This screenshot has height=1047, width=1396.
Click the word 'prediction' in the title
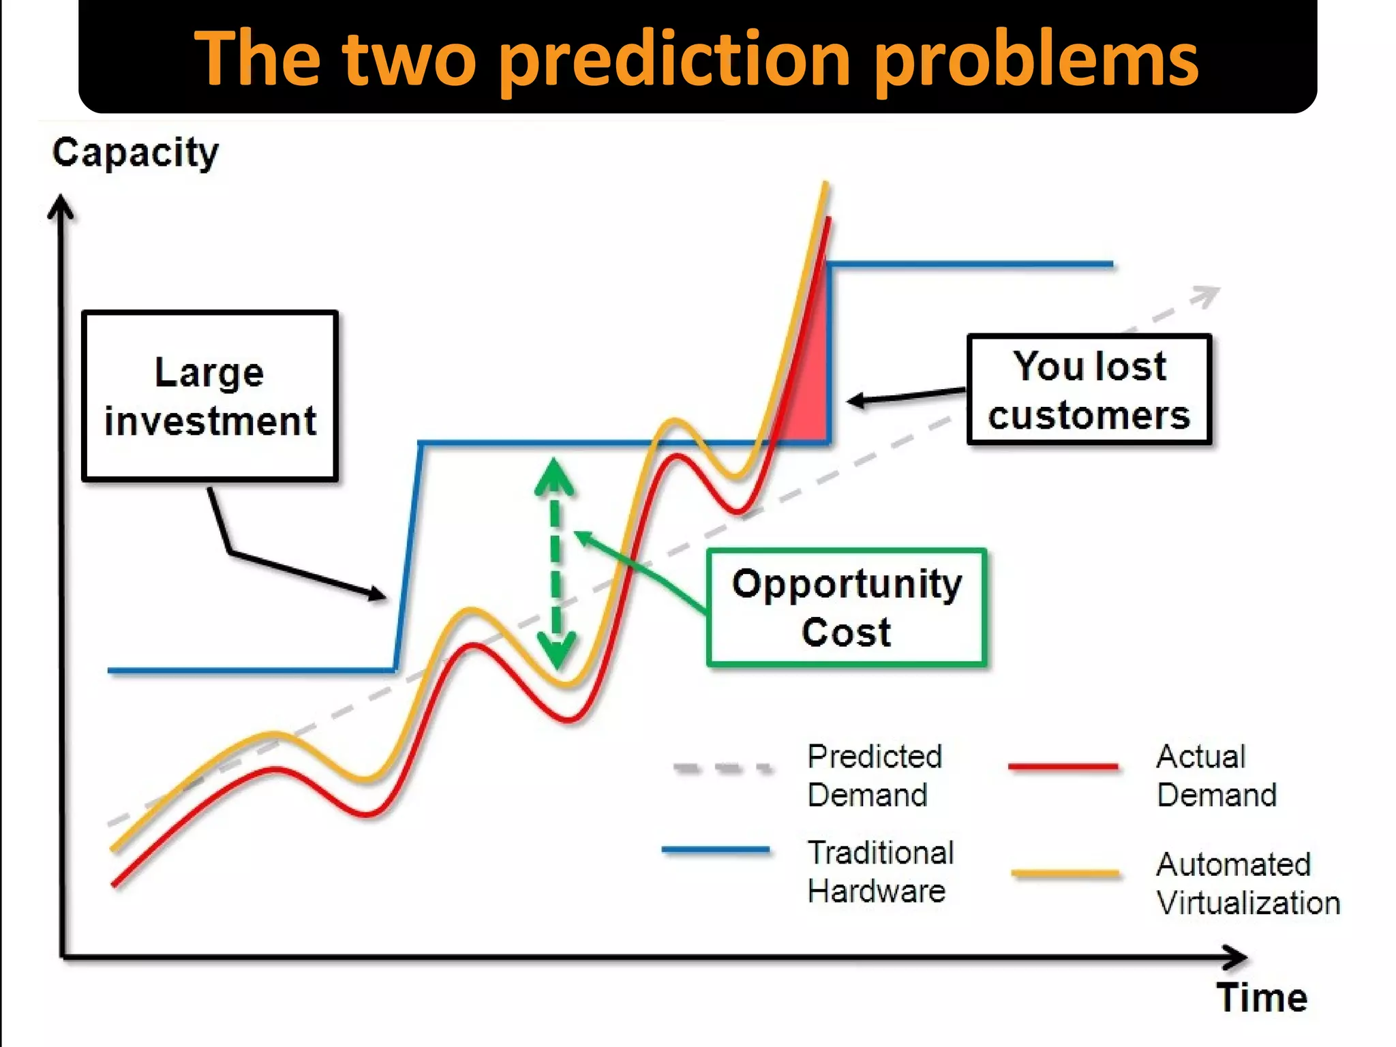675,60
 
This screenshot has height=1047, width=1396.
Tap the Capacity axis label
136,153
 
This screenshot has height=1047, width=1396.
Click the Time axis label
1262,998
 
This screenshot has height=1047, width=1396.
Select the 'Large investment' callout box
210,396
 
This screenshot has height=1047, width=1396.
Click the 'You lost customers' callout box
1089,390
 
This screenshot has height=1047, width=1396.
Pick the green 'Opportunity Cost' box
847,607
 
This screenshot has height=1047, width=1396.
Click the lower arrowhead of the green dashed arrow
556,651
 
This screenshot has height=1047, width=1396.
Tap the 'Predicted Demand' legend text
874,776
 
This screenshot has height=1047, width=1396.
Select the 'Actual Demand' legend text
1215,776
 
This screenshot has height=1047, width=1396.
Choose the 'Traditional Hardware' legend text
880,872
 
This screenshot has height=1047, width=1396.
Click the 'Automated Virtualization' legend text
1247,883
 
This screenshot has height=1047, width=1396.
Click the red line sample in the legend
1063,766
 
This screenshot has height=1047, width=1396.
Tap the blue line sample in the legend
716,850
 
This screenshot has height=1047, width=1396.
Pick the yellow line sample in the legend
1065,872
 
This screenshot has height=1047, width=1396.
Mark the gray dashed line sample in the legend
723,768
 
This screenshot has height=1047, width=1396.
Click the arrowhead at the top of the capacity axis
61,205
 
